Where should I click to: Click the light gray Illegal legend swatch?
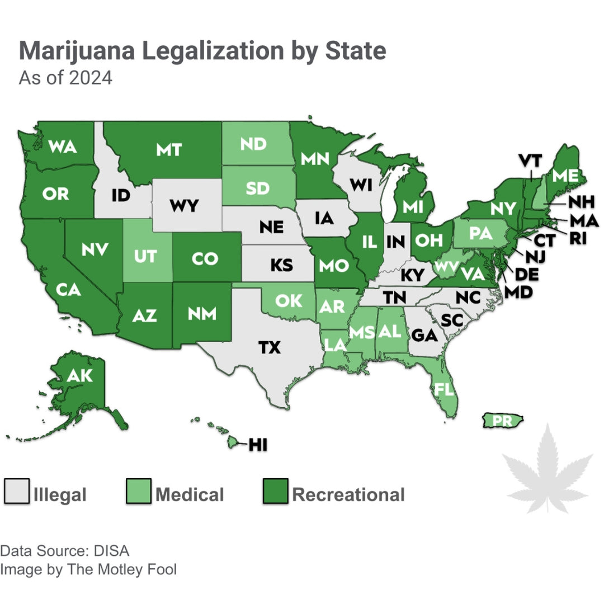pyautogui.click(x=17, y=491)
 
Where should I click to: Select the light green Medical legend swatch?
pyautogui.click(x=139, y=491)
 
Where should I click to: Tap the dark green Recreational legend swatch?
pyautogui.click(x=275, y=491)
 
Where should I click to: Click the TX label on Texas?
pyautogui.click(x=269, y=347)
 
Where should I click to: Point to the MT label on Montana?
pyautogui.click(x=169, y=149)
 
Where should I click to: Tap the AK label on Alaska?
pyautogui.click(x=79, y=376)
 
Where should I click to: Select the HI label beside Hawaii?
pyautogui.click(x=258, y=445)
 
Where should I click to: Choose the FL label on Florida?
pyautogui.click(x=445, y=389)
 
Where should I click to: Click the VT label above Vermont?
pyautogui.click(x=530, y=161)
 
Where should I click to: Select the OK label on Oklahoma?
pyautogui.click(x=289, y=300)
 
